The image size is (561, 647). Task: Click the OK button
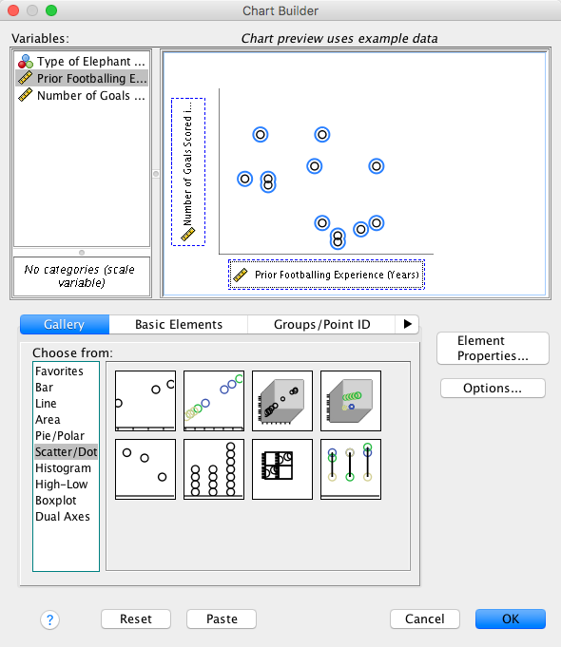tap(511, 618)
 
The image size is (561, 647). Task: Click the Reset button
tap(136, 618)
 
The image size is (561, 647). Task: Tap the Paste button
tap(222, 618)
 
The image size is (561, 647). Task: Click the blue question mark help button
tap(50, 619)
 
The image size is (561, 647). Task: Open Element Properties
tap(493, 348)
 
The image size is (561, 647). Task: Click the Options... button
tap(493, 388)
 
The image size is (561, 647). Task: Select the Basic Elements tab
tap(179, 324)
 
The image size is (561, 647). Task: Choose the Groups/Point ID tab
tap(321, 324)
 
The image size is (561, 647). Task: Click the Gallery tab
tap(65, 324)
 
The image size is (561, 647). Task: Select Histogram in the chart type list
tap(63, 468)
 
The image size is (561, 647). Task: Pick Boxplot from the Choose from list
tap(56, 500)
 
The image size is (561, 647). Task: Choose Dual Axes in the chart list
tap(63, 516)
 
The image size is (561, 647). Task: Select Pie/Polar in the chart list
tap(60, 435)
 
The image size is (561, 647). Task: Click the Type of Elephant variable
tap(82, 61)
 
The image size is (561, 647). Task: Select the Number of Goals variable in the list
tap(82, 95)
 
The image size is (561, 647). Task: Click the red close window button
tap(13, 10)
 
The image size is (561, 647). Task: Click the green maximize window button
tap(51, 10)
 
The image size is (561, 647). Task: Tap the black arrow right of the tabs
tap(407, 324)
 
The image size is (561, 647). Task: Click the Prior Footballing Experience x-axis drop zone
tap(326, 275)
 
